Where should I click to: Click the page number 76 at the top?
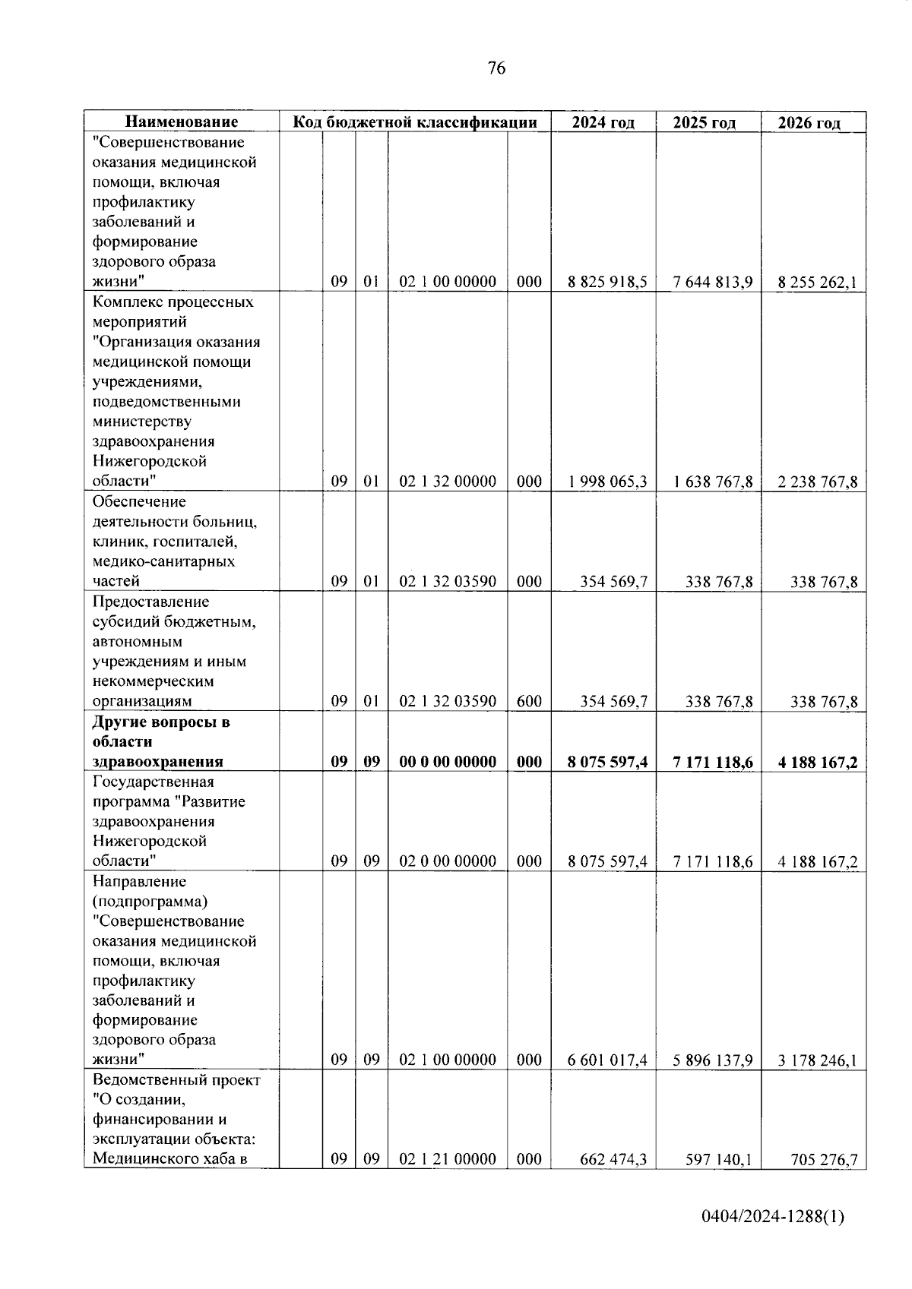(x=496, y=68)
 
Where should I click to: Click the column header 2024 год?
(x=603, y=122)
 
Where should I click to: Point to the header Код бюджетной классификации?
(x=415, y=122)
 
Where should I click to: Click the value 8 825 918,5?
(x=607, y=282)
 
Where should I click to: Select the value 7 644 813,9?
(x=712, y=282)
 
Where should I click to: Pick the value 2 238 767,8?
(x=817, y=482)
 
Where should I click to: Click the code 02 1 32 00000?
(x=448, y=481)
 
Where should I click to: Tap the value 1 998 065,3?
(x=607, y=482)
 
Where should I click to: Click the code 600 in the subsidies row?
(x=529, y=701)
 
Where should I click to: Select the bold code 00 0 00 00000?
(x=448, y=762)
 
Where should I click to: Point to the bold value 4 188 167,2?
(x=817, y=762)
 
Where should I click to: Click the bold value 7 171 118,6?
(x=712, y=762)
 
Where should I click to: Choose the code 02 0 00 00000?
(x=448, y=861)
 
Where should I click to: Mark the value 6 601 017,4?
(x=607, y=1060)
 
